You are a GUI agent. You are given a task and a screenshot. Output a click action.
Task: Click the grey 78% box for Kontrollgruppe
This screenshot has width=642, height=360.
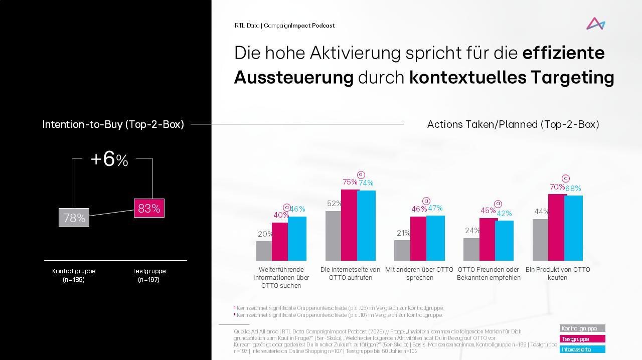[x=74, y=218]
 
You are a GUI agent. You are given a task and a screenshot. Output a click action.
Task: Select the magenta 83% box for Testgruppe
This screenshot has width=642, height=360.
[x=149, y=208]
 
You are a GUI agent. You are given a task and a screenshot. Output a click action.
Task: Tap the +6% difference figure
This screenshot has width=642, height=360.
[x=109, y=159]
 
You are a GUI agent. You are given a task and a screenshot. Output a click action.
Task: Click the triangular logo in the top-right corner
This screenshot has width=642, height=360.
[x=596, y=24]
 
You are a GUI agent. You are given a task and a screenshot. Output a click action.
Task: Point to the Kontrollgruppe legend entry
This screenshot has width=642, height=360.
[x=582, y=328]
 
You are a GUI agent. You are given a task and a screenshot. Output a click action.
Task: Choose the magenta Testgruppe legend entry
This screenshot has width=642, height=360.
[x=582, y=339]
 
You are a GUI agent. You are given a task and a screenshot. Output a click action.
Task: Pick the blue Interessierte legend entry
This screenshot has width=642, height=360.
[x=582, y=349]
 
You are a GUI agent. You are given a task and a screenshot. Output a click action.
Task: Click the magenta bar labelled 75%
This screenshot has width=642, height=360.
[x=350, y=225]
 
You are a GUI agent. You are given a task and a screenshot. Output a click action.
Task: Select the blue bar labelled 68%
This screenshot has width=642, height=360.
[x=574, y=228]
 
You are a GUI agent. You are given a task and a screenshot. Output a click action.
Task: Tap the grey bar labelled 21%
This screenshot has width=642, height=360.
[x=402, y=250]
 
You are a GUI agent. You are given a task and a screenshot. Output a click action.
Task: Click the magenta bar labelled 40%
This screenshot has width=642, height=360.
[x=280, y=241]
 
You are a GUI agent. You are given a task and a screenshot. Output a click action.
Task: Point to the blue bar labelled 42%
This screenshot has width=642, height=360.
[x=505, y=241]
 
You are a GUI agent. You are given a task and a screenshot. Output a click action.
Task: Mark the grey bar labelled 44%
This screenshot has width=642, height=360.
[x=540, y=240]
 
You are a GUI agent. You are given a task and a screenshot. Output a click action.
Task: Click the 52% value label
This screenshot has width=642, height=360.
[x=334, y=204]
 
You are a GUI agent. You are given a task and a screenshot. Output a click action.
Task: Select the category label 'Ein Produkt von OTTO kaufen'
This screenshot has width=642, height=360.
[x=558, y=273]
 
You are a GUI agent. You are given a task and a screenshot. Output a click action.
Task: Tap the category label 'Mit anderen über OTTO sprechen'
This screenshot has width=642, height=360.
[x=419, y=273]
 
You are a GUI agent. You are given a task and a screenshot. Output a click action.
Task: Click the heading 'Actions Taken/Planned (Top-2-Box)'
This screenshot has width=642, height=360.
[x=513, y=124]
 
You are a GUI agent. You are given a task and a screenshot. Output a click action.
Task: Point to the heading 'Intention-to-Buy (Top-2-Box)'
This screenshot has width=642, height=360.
[x=113, y=124]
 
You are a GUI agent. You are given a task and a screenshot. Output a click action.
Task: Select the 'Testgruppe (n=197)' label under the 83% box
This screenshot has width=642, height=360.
[x=149, y=275]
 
